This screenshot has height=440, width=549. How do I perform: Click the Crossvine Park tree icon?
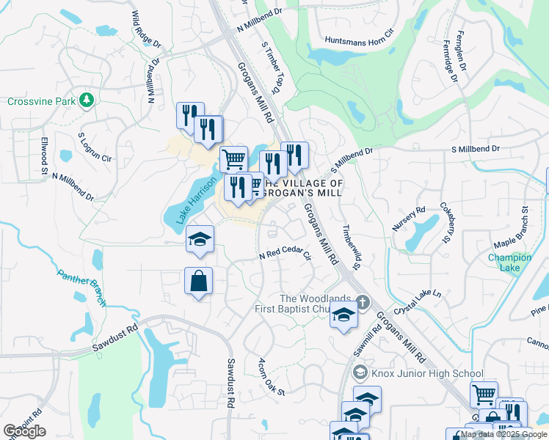(x=87, y=99)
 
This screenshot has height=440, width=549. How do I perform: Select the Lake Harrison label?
(x=189, y=198)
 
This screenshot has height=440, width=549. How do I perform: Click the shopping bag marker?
(x=198, y=281)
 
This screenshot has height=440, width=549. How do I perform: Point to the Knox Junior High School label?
(x=427, y=373)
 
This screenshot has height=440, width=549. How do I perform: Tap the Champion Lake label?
(x=510, y=263)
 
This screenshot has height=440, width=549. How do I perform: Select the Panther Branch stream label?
(x=81, y=287)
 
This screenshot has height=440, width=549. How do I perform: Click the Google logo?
(x=24, y=431)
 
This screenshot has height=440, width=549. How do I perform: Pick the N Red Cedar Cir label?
(x=285, y=255)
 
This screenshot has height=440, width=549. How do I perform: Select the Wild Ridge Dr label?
(x=147, y=30)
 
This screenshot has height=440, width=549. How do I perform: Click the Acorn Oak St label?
(x=271, y=376)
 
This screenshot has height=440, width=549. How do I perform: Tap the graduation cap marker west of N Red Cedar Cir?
(x=200, y=240)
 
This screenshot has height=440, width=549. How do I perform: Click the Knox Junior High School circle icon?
(x=360, y=373)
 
